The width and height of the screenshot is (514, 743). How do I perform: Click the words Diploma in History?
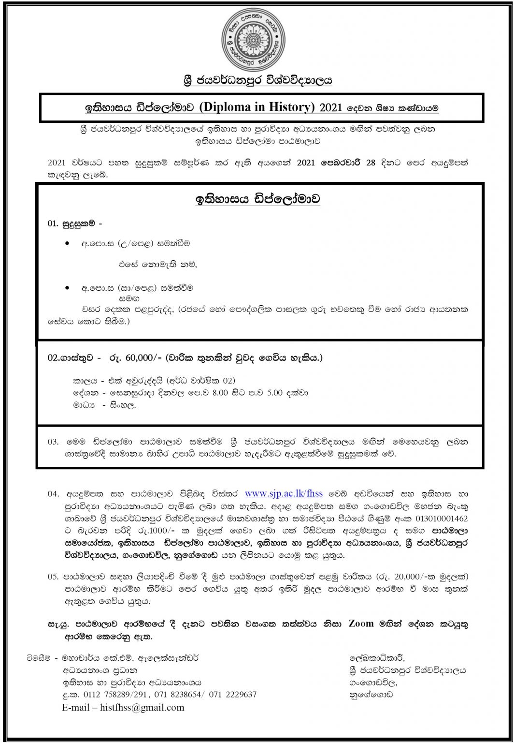[258, 107]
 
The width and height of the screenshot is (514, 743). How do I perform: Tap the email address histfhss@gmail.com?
[147, 707]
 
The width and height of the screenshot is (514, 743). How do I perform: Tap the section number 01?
[52, 224]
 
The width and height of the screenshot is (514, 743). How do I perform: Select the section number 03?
[53, 442]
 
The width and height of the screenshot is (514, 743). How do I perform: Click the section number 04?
[53, 494]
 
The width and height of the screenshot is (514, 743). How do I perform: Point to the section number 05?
[53, 577]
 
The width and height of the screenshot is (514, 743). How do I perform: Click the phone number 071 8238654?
[177, 695]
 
